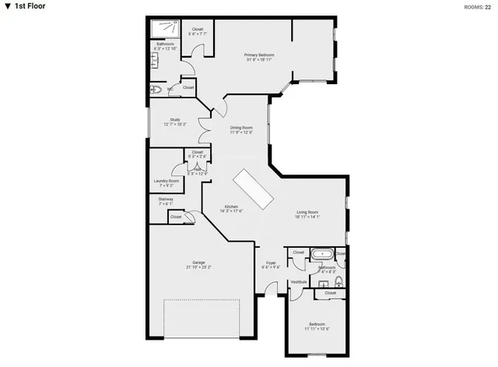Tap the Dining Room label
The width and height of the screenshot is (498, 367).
point(241,128)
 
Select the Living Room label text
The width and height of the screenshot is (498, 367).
point(307,212)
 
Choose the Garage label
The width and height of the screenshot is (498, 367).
point(199,262)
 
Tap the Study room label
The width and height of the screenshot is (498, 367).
point(174,119)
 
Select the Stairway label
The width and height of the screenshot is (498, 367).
point(165,199)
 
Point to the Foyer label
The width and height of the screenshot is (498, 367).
point(271,263)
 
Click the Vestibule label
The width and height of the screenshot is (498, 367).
point(299,281)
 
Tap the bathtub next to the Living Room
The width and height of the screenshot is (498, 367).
point(321,254)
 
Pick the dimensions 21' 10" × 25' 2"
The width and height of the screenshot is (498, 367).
point(199,267)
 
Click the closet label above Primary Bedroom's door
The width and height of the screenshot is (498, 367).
point(198,29)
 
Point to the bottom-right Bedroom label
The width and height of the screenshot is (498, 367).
point(317,323)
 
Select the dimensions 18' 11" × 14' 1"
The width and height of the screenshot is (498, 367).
point(307,217)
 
